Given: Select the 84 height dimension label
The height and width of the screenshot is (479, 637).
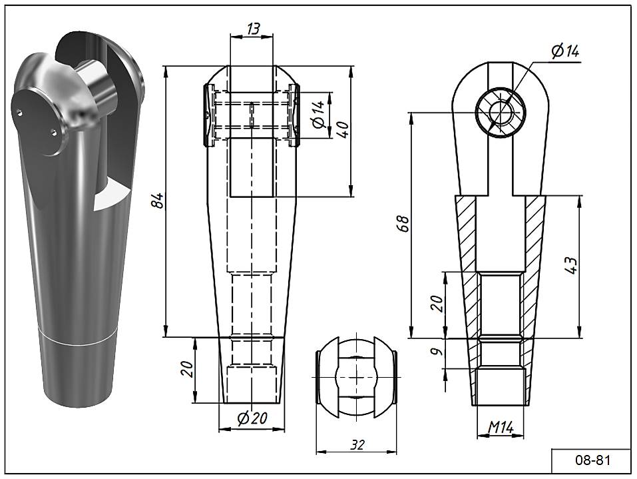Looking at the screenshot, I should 158,200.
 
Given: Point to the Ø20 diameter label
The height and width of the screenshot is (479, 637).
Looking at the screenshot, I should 252,418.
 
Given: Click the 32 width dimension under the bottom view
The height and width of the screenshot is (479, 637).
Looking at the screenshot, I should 357,445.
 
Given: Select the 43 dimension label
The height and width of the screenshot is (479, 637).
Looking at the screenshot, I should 570,264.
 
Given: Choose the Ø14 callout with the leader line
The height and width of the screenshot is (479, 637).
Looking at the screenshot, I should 565,51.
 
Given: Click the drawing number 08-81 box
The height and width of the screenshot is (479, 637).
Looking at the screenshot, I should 592,460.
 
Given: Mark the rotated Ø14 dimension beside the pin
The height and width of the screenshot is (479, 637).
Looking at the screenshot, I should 318,114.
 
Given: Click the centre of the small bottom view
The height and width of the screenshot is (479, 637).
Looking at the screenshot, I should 356,378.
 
